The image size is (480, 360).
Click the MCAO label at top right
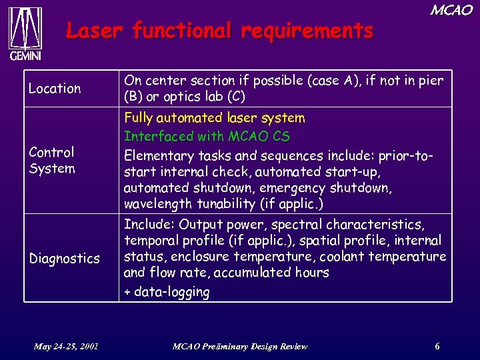click(x=451, y=10)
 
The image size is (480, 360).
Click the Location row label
click(x=55, y=88)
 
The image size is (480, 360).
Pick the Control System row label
click(x=52, y=160)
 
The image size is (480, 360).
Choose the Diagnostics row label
click(x=64, y=258)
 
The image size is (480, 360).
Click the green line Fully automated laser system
click(x=214, y=118)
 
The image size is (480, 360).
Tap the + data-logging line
click(x=167, y=291)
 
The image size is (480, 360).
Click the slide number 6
click(x=437, y=346)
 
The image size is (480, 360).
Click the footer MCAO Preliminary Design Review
click(x=240, y=346)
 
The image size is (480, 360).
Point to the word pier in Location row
click(x=430, y=81)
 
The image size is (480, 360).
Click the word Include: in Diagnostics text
click(x=149, y=224)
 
